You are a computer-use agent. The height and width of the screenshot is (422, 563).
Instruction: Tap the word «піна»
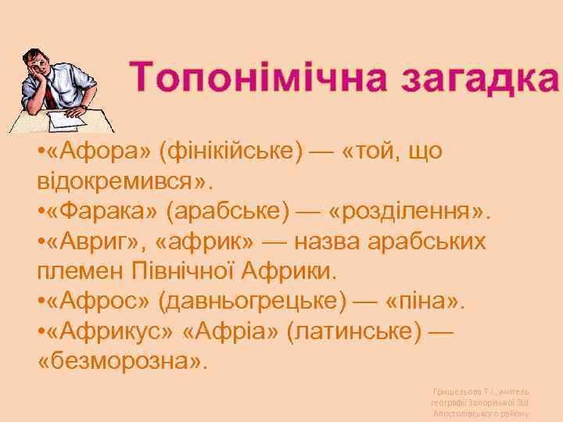418,302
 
